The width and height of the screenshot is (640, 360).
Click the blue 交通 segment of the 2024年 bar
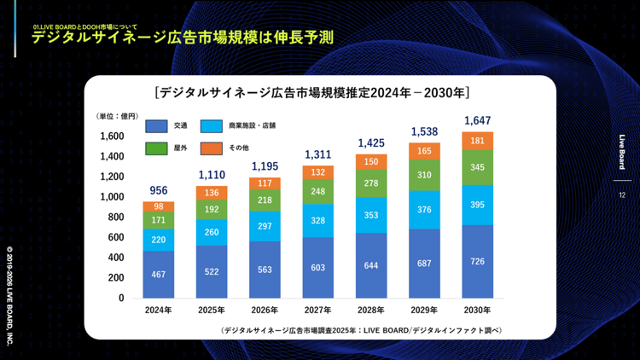tap(158, 274)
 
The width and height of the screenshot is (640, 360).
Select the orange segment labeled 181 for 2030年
tap(477, 141)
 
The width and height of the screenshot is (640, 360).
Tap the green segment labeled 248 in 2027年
tap(318, 192)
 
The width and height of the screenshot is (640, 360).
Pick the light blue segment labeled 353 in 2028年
tap(371, 215)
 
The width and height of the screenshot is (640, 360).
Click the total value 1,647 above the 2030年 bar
tap(477, 121)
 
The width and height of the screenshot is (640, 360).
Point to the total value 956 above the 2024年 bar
tap(158, 190)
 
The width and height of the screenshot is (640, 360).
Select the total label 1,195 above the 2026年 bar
tap(265, 165)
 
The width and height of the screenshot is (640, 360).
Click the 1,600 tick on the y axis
tap(111, 136)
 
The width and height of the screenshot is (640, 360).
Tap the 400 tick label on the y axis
tap(115, 258)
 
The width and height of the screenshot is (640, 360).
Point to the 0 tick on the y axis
tap(121, 299)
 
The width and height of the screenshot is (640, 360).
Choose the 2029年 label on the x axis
tap(424, 311)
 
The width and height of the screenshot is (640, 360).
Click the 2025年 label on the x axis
tap(212, 311)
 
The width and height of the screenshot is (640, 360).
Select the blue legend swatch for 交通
tap(156, 126)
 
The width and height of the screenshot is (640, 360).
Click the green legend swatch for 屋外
tap(156, 149)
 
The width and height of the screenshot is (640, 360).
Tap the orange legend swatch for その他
tap(212, 149)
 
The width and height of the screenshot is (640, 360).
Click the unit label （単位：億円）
tap(117, 116)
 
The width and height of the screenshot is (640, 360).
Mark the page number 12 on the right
tap(622, 195)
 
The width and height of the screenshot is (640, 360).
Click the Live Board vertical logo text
tap(622, 153)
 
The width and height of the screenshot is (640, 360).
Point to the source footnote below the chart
tap(360, 329)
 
